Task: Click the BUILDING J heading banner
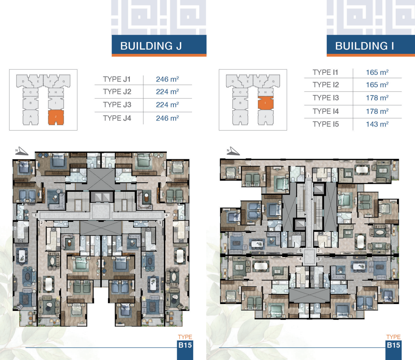tap(159, 46)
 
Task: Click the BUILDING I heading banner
tap(370, 46)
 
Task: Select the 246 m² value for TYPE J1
tap(167, 79)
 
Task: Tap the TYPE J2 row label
tap(117, 92)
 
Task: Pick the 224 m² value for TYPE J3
tap(167, 105)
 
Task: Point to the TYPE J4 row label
tap(117, 118)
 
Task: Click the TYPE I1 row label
tap(325, 72)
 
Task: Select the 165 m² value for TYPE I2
tap(377, 85)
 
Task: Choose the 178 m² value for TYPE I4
tap(377, 111)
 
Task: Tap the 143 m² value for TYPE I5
tap(377, 124)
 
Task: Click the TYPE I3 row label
tap(326, 98)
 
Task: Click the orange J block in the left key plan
tap(56, 117)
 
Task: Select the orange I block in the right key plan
tap(266, 103)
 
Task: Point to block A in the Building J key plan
tap(30, 117)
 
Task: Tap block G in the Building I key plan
tap(273, 81)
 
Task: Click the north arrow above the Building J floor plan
tap(22, 151)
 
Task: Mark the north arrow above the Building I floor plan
tap(233, 151)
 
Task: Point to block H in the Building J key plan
tap(56, 92)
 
